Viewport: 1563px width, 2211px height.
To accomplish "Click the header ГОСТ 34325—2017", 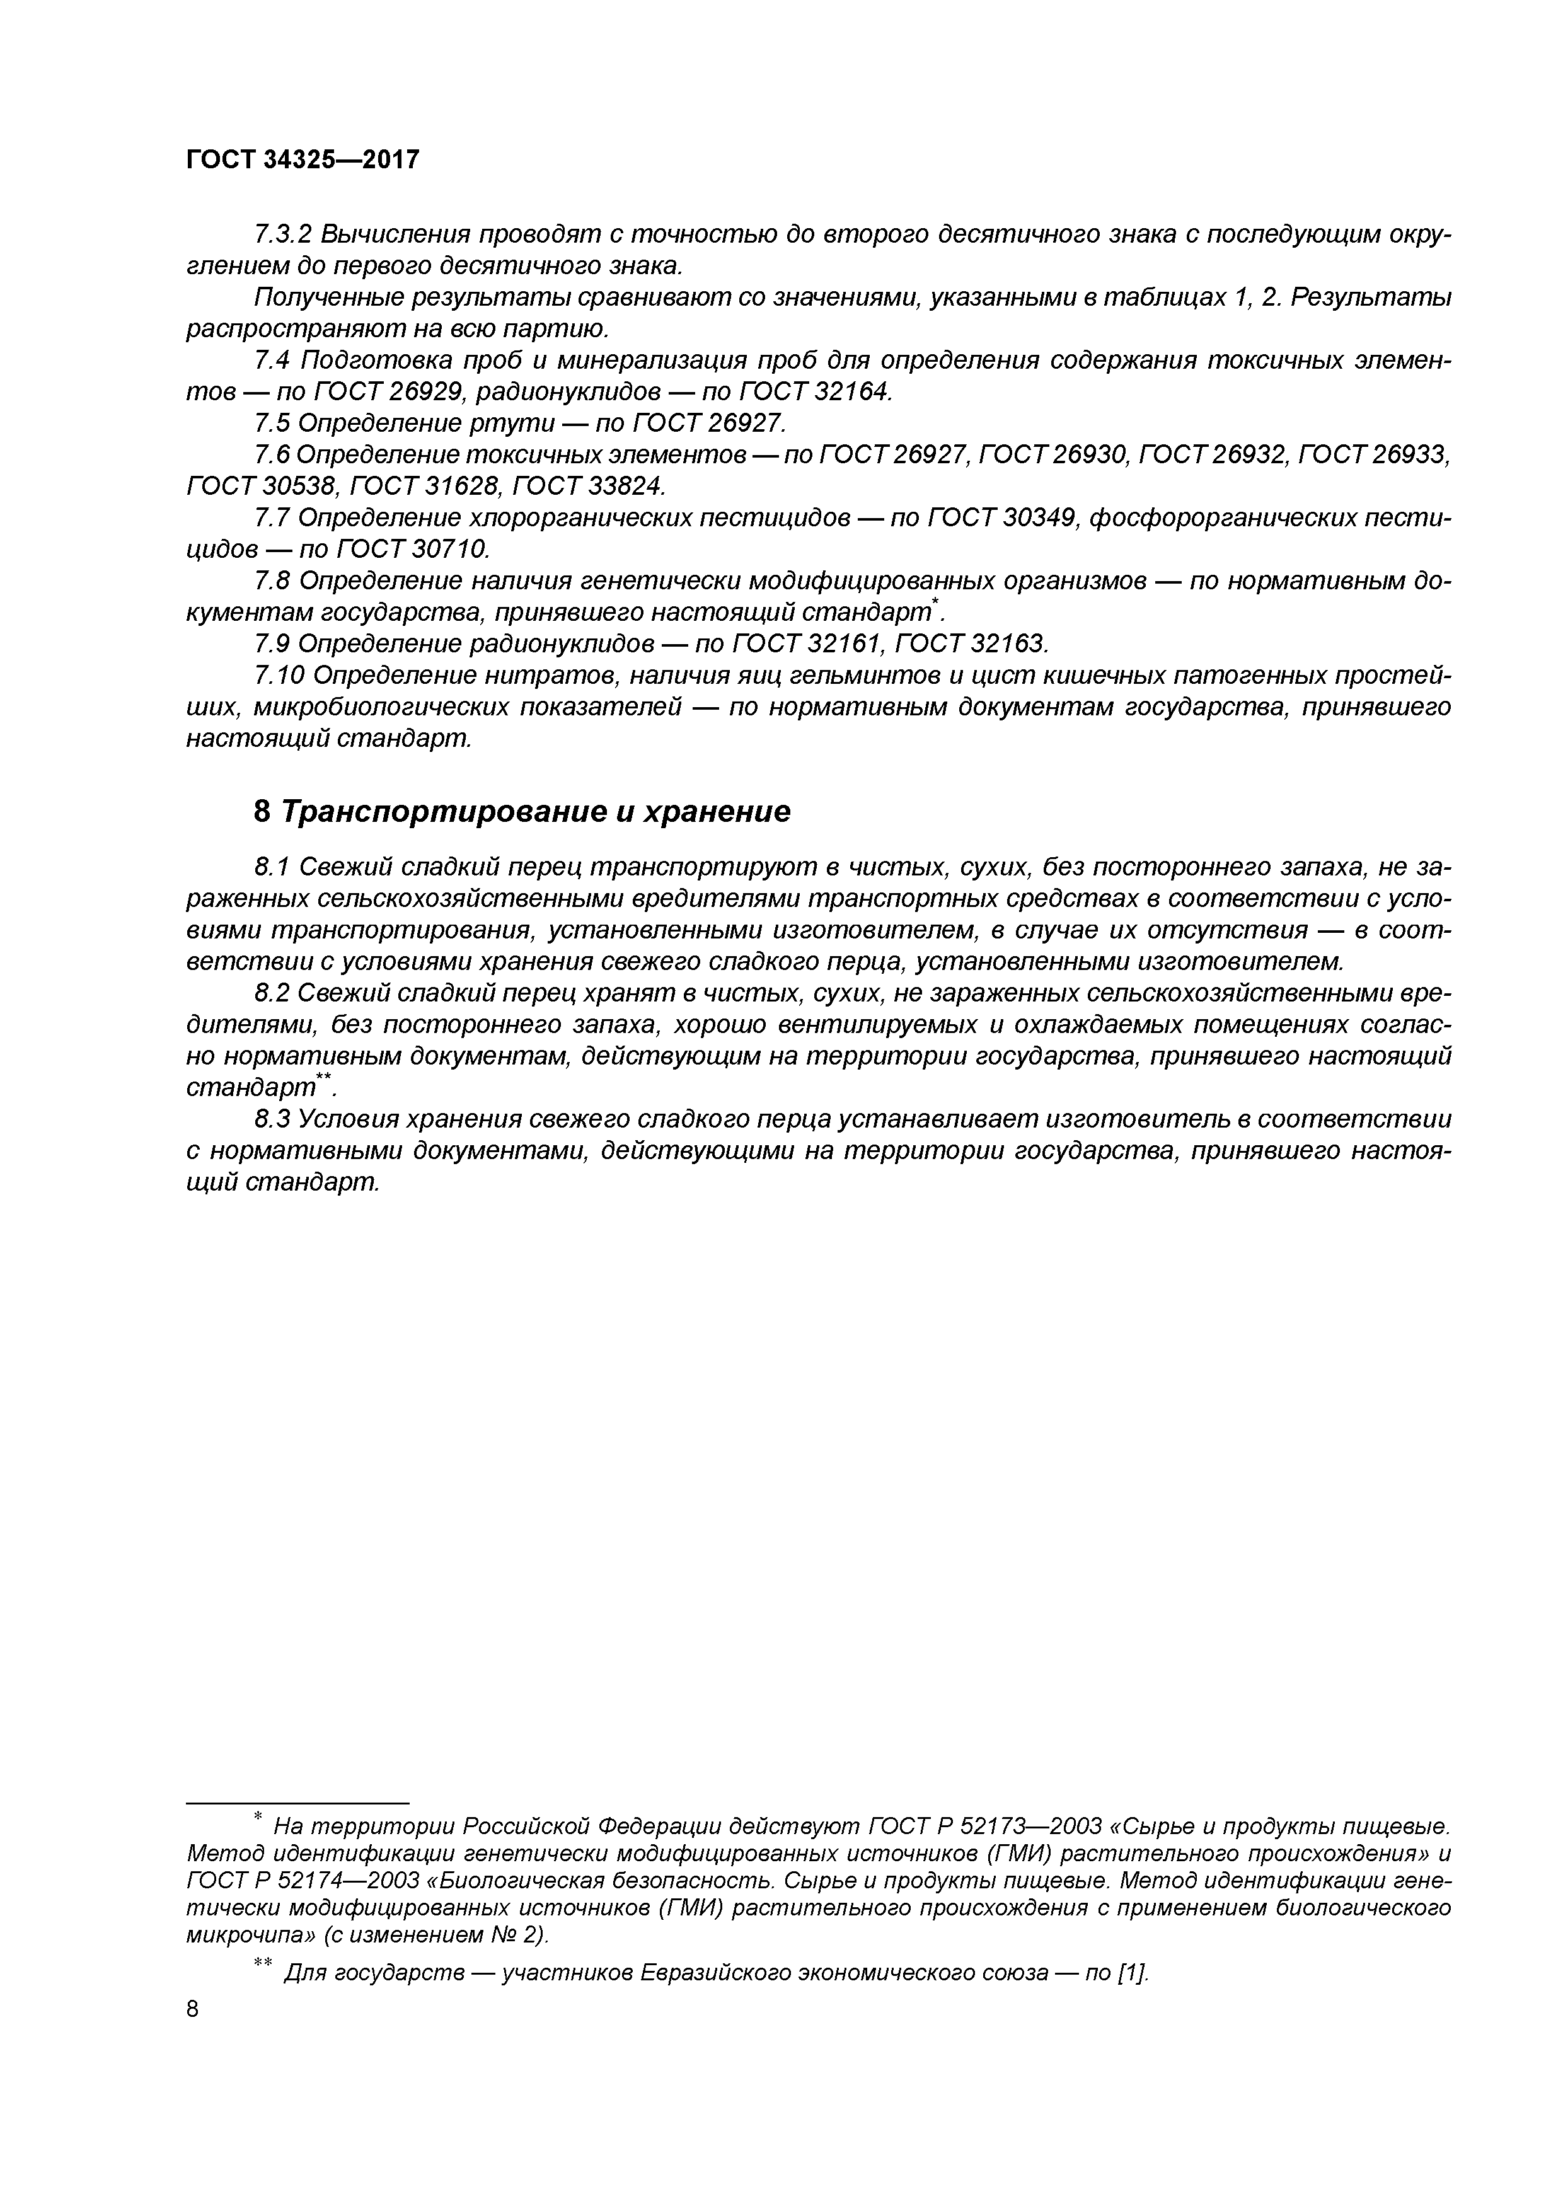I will (303, 159).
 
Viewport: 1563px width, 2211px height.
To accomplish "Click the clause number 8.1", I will (272, 868).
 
